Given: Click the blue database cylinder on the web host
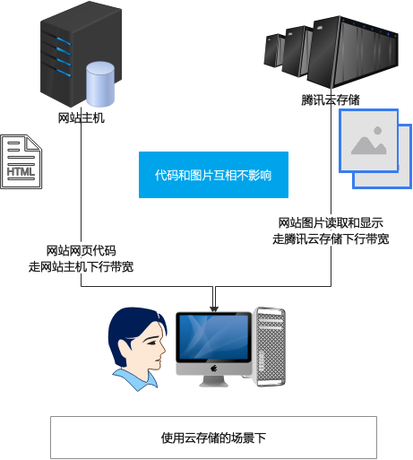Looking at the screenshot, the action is [100, 84].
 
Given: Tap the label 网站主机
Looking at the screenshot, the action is [81, 118].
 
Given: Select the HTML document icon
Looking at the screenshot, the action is [22, 161].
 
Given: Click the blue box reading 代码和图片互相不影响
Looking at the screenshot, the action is [213, 175].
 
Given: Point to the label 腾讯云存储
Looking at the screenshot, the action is [331, 100].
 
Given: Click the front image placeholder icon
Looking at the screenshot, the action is [369, 141].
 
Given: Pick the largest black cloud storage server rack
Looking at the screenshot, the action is [352, 52].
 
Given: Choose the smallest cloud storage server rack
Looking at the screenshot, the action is [273, 50].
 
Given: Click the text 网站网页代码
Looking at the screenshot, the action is [81, 250].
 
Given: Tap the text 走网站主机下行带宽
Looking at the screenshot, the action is [81, 266].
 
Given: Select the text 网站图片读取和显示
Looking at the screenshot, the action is [331, 223].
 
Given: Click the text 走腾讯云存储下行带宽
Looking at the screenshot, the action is [331, 239].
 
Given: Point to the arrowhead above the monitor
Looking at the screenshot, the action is [214, 309].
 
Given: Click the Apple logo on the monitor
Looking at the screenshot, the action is [213, 369].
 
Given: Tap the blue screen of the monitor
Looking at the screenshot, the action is [213, 337].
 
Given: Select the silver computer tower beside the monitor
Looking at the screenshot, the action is [269, 347].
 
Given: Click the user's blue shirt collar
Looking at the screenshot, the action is [135, 379].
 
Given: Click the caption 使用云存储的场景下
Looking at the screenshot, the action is [213, 438].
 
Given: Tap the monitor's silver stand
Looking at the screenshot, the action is [213, 380].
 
